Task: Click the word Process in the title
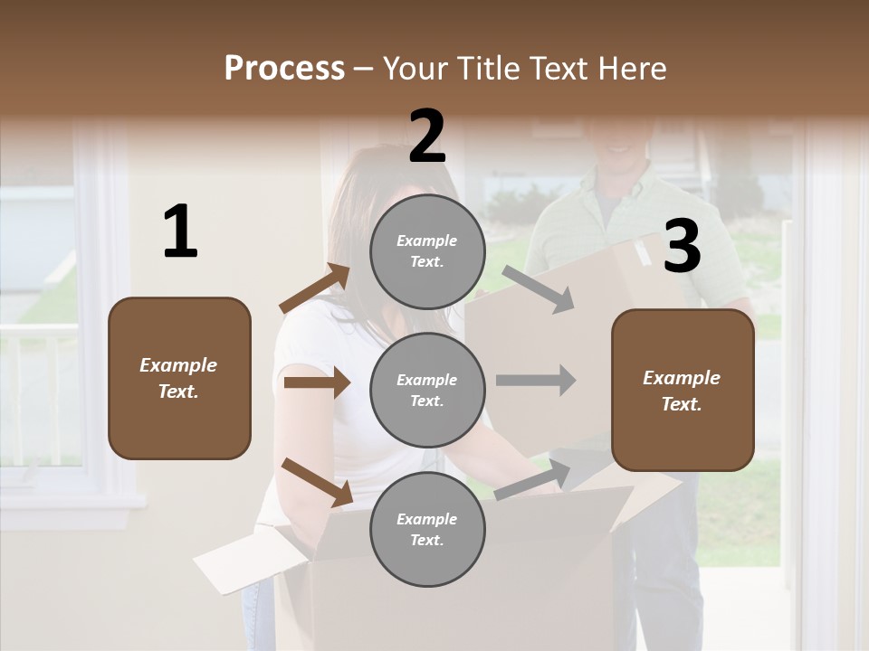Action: (x=284, y=68)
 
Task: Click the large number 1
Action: (x=180, y=231)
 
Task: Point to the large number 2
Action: (x=427, y=137)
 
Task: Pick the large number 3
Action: (x=682, y=247)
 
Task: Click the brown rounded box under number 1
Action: (x=179, y=378)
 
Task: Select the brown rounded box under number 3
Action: (x=683, y=391)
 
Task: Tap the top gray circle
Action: (x=427, y=251)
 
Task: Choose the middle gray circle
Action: (x=427, y=391)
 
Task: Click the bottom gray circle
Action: (x=427, y=530)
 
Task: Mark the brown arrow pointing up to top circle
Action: (x=314, y=288)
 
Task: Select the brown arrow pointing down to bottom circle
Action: (x=317, y=482)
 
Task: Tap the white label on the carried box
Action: (x=641, y=252)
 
